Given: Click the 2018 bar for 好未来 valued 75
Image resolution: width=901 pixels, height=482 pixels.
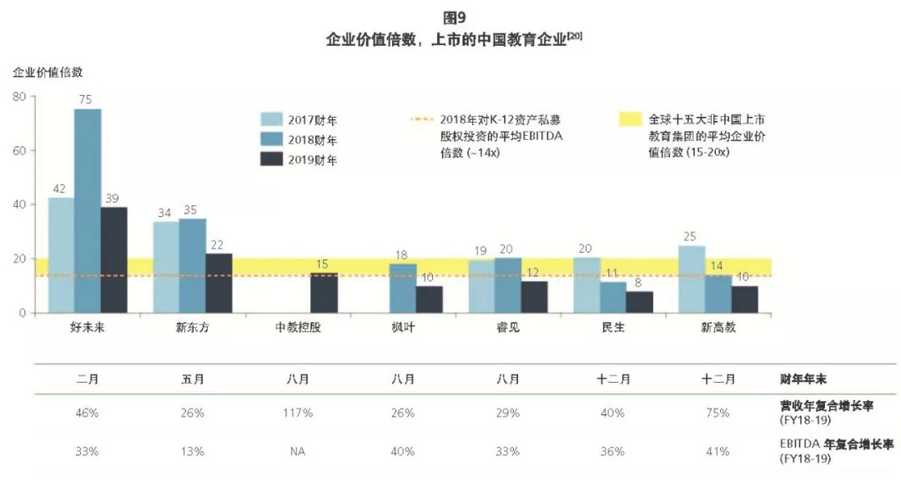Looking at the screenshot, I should click(x=88, y=210).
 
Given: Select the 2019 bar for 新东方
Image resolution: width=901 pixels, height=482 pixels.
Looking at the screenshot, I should click(x=219, y=283).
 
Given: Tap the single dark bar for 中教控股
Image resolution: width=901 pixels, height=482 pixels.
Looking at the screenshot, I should click(x=324, y=292).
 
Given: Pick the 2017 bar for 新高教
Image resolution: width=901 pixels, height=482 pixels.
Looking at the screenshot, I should click(x=692, y=279).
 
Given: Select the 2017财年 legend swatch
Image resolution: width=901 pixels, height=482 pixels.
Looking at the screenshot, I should click(x=272, y=119).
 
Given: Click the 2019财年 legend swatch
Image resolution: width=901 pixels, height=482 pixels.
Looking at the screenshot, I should click(x=272, y=159).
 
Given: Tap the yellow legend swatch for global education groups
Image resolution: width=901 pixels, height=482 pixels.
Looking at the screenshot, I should click(x=630, y=120).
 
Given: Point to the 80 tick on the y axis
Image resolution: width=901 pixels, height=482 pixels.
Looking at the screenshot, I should click(x=19, y=97).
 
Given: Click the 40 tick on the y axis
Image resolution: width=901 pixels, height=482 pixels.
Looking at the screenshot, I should click(x=19, y=204).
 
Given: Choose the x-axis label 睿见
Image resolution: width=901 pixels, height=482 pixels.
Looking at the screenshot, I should click(x=507, y=328).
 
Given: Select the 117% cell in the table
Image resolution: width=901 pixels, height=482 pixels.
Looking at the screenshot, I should click(x=298, y=413).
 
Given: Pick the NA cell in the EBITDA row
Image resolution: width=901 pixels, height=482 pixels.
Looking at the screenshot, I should click(x=298, y=451).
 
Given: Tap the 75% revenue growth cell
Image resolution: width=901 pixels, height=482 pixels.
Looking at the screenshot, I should click(x=717, y=413).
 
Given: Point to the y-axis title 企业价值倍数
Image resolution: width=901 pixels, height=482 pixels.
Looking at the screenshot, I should click(x=48, y=73).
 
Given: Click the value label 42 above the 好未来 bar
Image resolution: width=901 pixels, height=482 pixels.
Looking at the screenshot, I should click(x=60, y=189).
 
